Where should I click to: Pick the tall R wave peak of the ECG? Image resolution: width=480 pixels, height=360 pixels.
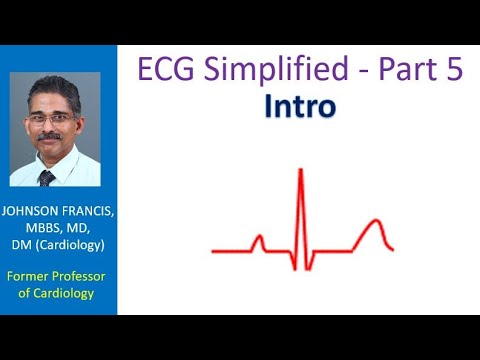300,172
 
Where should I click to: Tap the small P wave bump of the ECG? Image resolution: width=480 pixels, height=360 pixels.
258,239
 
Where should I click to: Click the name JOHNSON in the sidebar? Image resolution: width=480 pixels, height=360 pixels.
35,211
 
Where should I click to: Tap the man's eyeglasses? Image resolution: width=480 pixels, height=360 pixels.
50,117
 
